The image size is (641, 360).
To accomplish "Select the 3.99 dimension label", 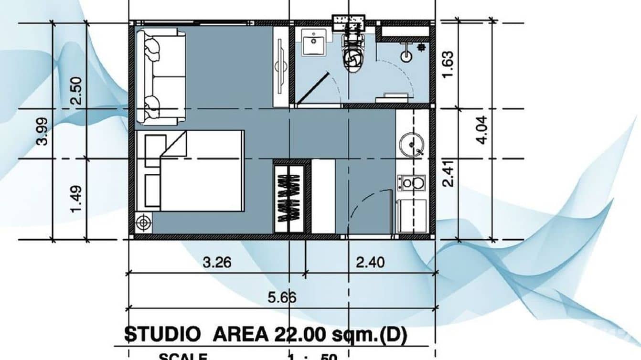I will (43, 130).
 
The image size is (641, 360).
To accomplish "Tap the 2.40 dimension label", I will (370, 262).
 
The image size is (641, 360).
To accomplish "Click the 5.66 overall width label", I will (282, 298).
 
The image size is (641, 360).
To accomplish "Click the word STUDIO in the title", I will (163, 335).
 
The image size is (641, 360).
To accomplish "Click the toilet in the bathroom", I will (353, 55).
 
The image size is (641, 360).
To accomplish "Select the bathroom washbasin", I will (314, 42).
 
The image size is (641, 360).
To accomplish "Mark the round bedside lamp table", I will (144, 222).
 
